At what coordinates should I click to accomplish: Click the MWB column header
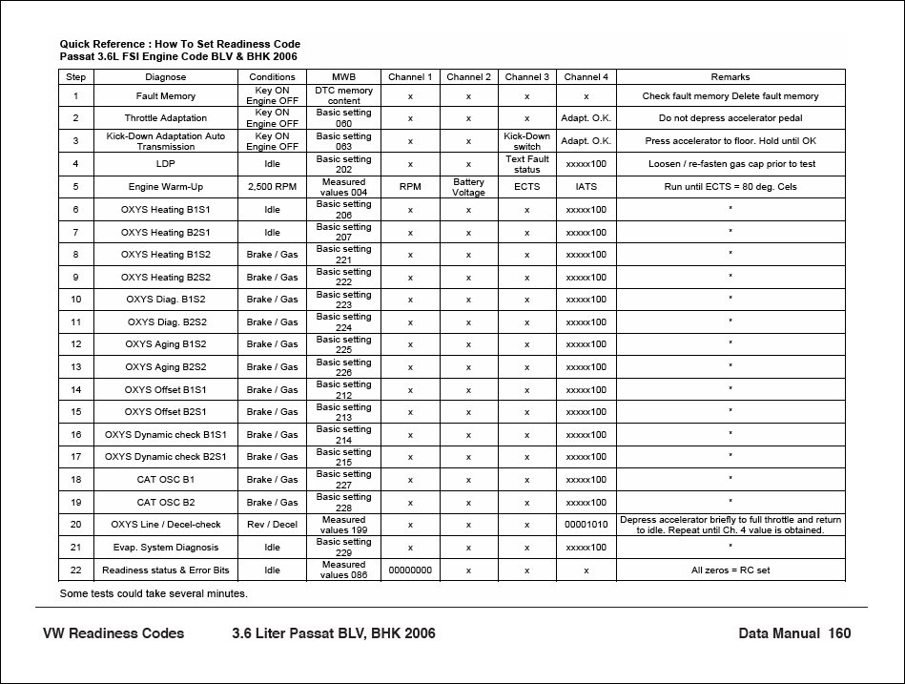(x=343, y=76)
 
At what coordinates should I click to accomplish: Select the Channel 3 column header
(x=526, y=76)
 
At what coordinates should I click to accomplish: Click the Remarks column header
(x=730, y=76)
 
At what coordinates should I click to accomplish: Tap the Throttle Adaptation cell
(x=165, y=118)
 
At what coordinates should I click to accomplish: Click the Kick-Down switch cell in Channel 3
(x=526, y=141)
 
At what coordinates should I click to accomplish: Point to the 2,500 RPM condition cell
(x=272, y=187)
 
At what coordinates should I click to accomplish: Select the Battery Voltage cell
(x=468, y=187)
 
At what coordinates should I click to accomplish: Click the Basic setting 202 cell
(x=343, y=164)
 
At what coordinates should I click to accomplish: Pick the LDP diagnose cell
(x=165, y=164)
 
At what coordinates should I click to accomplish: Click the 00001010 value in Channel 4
(x=586, y=525)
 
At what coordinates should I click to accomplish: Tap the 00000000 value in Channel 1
(x=410, y=570)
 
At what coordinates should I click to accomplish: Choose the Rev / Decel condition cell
(x=272, y=525)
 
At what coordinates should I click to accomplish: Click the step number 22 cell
(x=75, y=570)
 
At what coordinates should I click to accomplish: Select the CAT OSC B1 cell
(x=165, y=479)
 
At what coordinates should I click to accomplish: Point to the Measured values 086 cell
(x=343, y=570)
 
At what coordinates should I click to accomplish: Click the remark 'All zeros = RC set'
(x=730, y=570)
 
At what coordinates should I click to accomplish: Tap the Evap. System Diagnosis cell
(x=165, y=548)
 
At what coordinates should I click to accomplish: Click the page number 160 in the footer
(x=839, y=633)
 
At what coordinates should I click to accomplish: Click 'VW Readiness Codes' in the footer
(x=113, y=633)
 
